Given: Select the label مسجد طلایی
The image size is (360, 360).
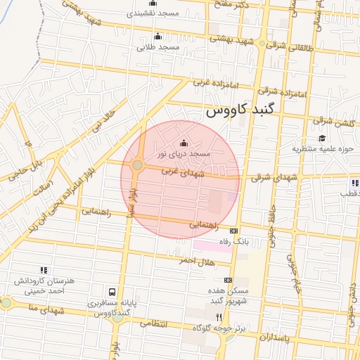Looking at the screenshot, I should click(158, 47).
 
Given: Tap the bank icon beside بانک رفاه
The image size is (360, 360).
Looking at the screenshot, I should click(234, 231).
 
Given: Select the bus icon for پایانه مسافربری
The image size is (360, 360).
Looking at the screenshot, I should click(112, 292).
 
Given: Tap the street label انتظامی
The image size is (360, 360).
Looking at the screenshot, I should click(155, 324).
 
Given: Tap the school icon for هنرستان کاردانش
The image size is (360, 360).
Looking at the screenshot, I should click(44, 269).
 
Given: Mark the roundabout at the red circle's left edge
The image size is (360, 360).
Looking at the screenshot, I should click(137, 166).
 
